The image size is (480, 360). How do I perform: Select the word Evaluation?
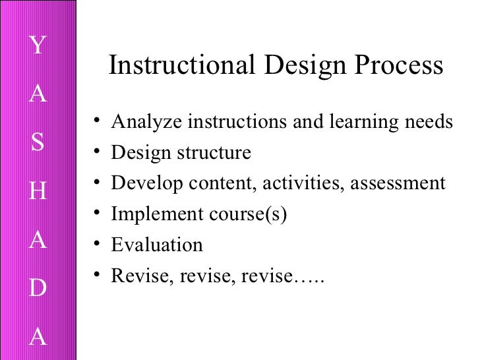tap(157, 245)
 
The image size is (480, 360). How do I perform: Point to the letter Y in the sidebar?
tap(38, 45)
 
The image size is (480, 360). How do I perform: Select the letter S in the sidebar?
tap(38, 143)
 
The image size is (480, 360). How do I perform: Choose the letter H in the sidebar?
tap(38, 192)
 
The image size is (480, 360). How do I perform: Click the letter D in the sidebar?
tap(38, 289)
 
